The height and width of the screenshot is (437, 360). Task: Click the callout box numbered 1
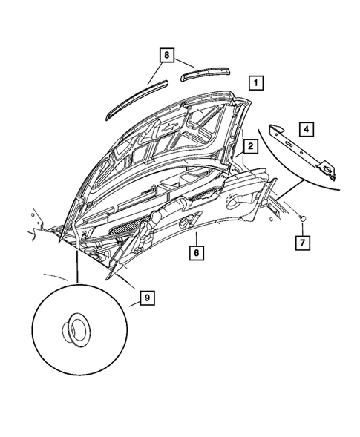coord(255,82)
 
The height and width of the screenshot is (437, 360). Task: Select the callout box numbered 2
coord(251,147)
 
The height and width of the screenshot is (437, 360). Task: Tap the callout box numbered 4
coord(307,128)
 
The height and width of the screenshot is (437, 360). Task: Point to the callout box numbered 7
coord(304,242)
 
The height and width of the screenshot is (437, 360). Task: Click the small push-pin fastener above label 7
coord(303,216)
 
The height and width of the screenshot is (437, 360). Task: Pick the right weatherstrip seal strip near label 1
coord(206,73)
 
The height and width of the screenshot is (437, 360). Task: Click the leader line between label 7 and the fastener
coord(304,227)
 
